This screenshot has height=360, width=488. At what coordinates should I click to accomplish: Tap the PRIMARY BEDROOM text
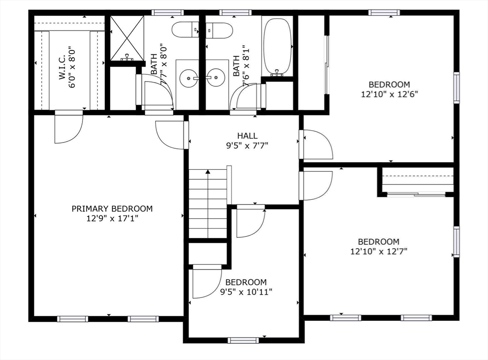(x=112, y=208)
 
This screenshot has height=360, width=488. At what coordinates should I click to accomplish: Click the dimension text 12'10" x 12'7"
(x=379, y=251)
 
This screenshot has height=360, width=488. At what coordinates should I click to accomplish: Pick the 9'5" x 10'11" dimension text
(x=246, y=291)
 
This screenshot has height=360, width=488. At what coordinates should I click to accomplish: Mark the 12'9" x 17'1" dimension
(x=112, y=218)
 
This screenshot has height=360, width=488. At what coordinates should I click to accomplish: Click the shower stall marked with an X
(x=127, y=38)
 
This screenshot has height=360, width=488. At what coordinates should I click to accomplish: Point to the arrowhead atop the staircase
(x=208, y=173)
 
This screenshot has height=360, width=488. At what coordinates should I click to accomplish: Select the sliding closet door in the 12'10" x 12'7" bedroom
(x=417, y=194)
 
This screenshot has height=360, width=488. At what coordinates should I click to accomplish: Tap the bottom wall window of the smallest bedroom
(x=243, y=340)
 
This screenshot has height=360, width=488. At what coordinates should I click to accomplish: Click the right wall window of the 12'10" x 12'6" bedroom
(x=456, y=88)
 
